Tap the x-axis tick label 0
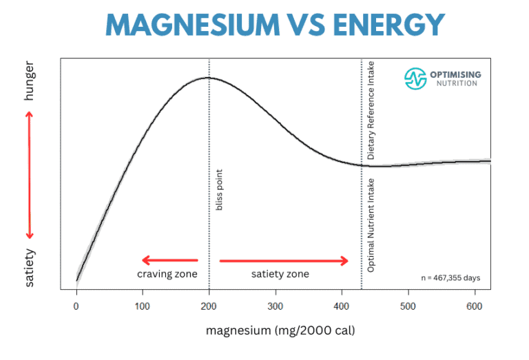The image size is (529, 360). click(76, 306)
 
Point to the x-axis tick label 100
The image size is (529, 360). click(143, 306)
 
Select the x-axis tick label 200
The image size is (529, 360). click(209, 306)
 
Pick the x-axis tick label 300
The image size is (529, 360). click(276, 306)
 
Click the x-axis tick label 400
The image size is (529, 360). click(342, 306)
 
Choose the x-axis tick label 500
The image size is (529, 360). click(408, 306)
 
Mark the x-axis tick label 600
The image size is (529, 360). click(474, 306)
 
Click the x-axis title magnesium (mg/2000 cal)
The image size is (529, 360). click(280, 330)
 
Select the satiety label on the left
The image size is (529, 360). click(29, 268)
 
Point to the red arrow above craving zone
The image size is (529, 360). click(169, 260)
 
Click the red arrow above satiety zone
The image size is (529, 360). click(284, 260)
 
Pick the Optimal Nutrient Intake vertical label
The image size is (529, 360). click(372, 224)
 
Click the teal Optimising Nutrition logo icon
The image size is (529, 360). click(416, 78)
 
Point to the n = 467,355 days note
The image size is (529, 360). click(450, 278)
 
